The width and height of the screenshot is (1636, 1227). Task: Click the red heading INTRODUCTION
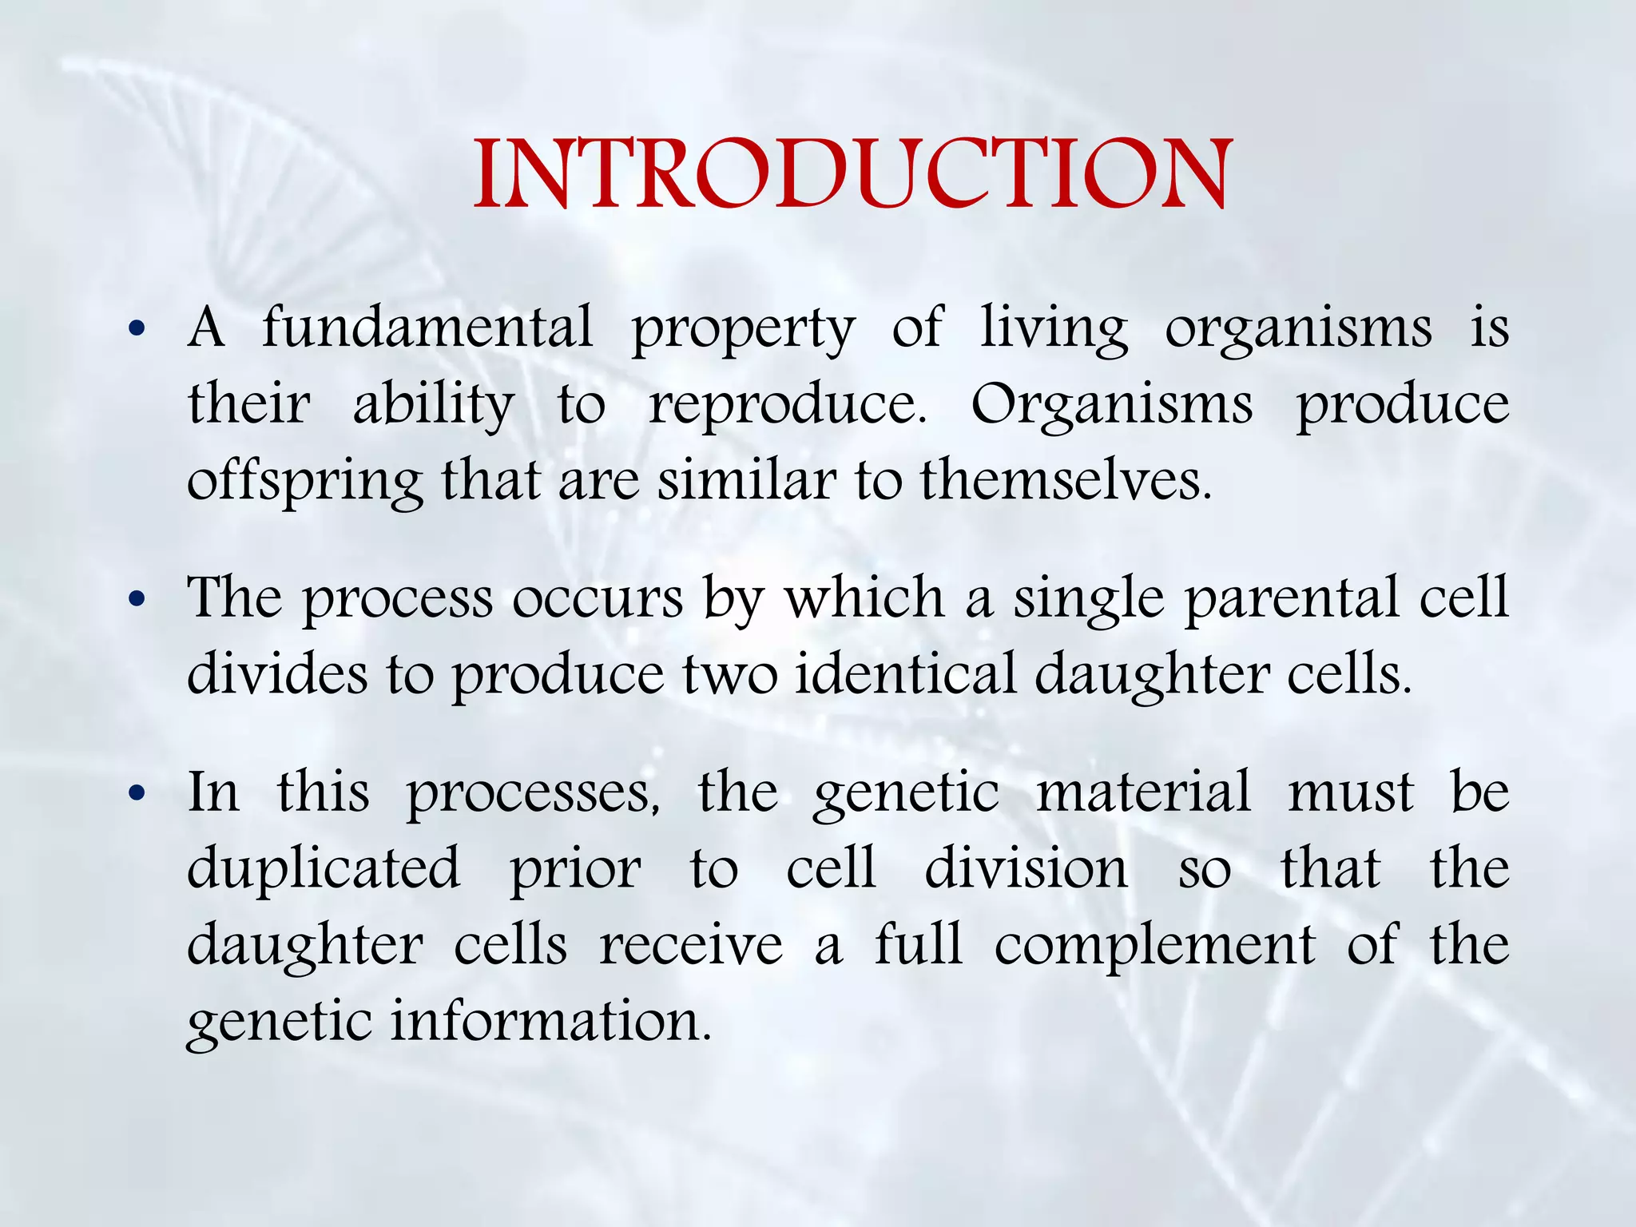(x=852, y=174)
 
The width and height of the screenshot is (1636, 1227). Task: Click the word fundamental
(x=427, y=328)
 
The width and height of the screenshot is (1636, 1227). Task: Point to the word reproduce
(x=787, y=404)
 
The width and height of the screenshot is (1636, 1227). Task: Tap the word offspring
(x=304, y=482)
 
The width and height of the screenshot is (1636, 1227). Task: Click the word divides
(x=277, y=673)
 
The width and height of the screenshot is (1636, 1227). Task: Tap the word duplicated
(x=324, y=868)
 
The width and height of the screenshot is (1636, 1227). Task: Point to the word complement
(x=1154, y=947)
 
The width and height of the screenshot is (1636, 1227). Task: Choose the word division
(x=1026, y=868)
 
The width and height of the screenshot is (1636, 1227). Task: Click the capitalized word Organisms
(x=1111, y=406)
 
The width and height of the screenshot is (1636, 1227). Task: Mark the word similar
(x=747, y=481)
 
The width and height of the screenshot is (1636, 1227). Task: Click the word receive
(x=691, y=946)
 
